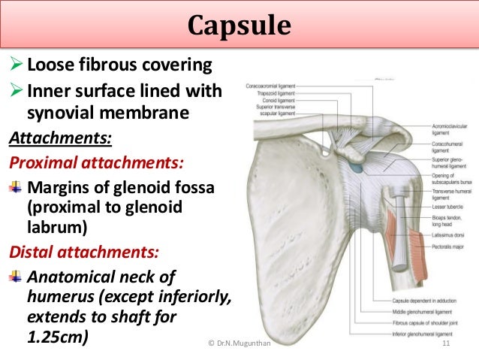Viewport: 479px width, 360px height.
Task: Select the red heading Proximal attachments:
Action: point(97,162)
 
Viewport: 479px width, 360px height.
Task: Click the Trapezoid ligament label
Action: point(276,93)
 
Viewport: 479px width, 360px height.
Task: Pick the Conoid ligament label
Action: point(277,100)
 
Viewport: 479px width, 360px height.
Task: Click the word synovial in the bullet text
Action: point(64,114)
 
